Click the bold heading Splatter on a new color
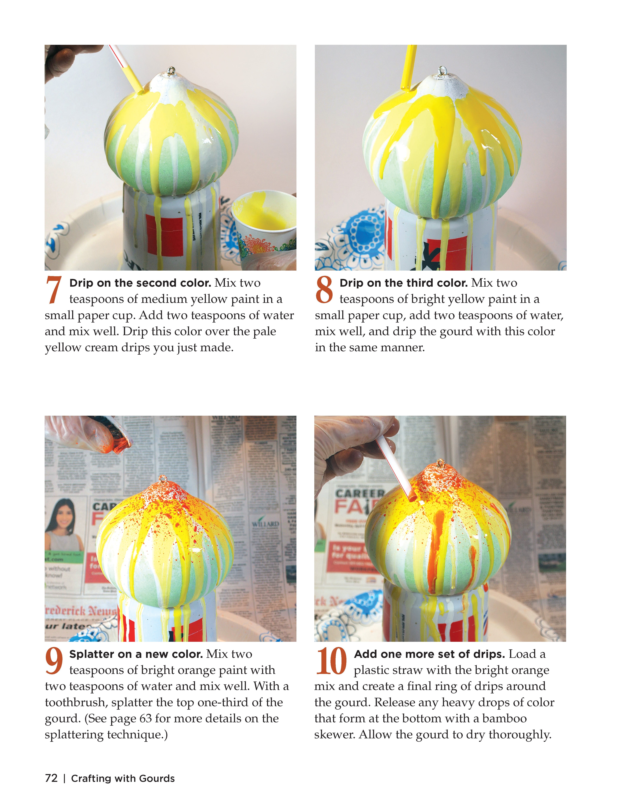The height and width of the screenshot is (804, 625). click(x=136, y=654)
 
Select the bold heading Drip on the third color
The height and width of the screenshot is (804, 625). click(x=403, y=283)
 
